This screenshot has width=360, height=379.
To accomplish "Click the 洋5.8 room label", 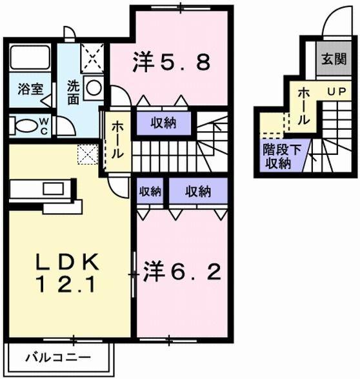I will (170, 63).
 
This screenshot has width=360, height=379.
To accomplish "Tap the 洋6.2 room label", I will (183, 271).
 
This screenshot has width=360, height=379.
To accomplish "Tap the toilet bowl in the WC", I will (26, 125).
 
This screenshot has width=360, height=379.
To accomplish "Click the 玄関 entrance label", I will (334, 60).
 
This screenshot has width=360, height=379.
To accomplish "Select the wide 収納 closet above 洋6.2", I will (198, 191).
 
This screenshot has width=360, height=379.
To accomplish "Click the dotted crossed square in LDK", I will (85, 154).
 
